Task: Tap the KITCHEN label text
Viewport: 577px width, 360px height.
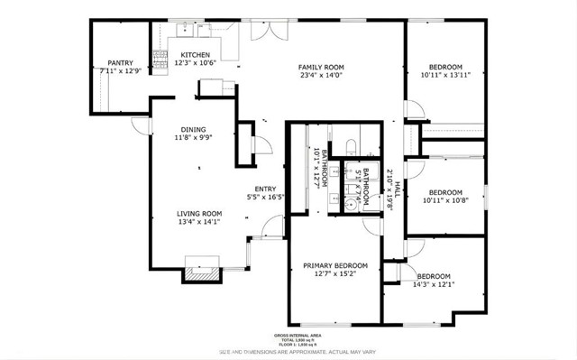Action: coord(195,54)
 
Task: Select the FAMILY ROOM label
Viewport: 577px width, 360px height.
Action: coord(321,67)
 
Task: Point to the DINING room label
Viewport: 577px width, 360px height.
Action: coord(192,128)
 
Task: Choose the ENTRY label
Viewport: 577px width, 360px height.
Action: coord(265,189)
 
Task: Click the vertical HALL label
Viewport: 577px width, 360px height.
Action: coord(398,189)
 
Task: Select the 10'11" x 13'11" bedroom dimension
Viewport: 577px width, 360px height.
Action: coord(444,76)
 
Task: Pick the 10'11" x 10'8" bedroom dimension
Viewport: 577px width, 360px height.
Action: coord(444,200)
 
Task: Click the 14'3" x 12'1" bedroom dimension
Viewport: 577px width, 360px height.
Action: coord(434,285)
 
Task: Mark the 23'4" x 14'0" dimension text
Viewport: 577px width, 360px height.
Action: coord(321,76)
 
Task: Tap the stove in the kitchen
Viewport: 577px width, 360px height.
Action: coord(162,60)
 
